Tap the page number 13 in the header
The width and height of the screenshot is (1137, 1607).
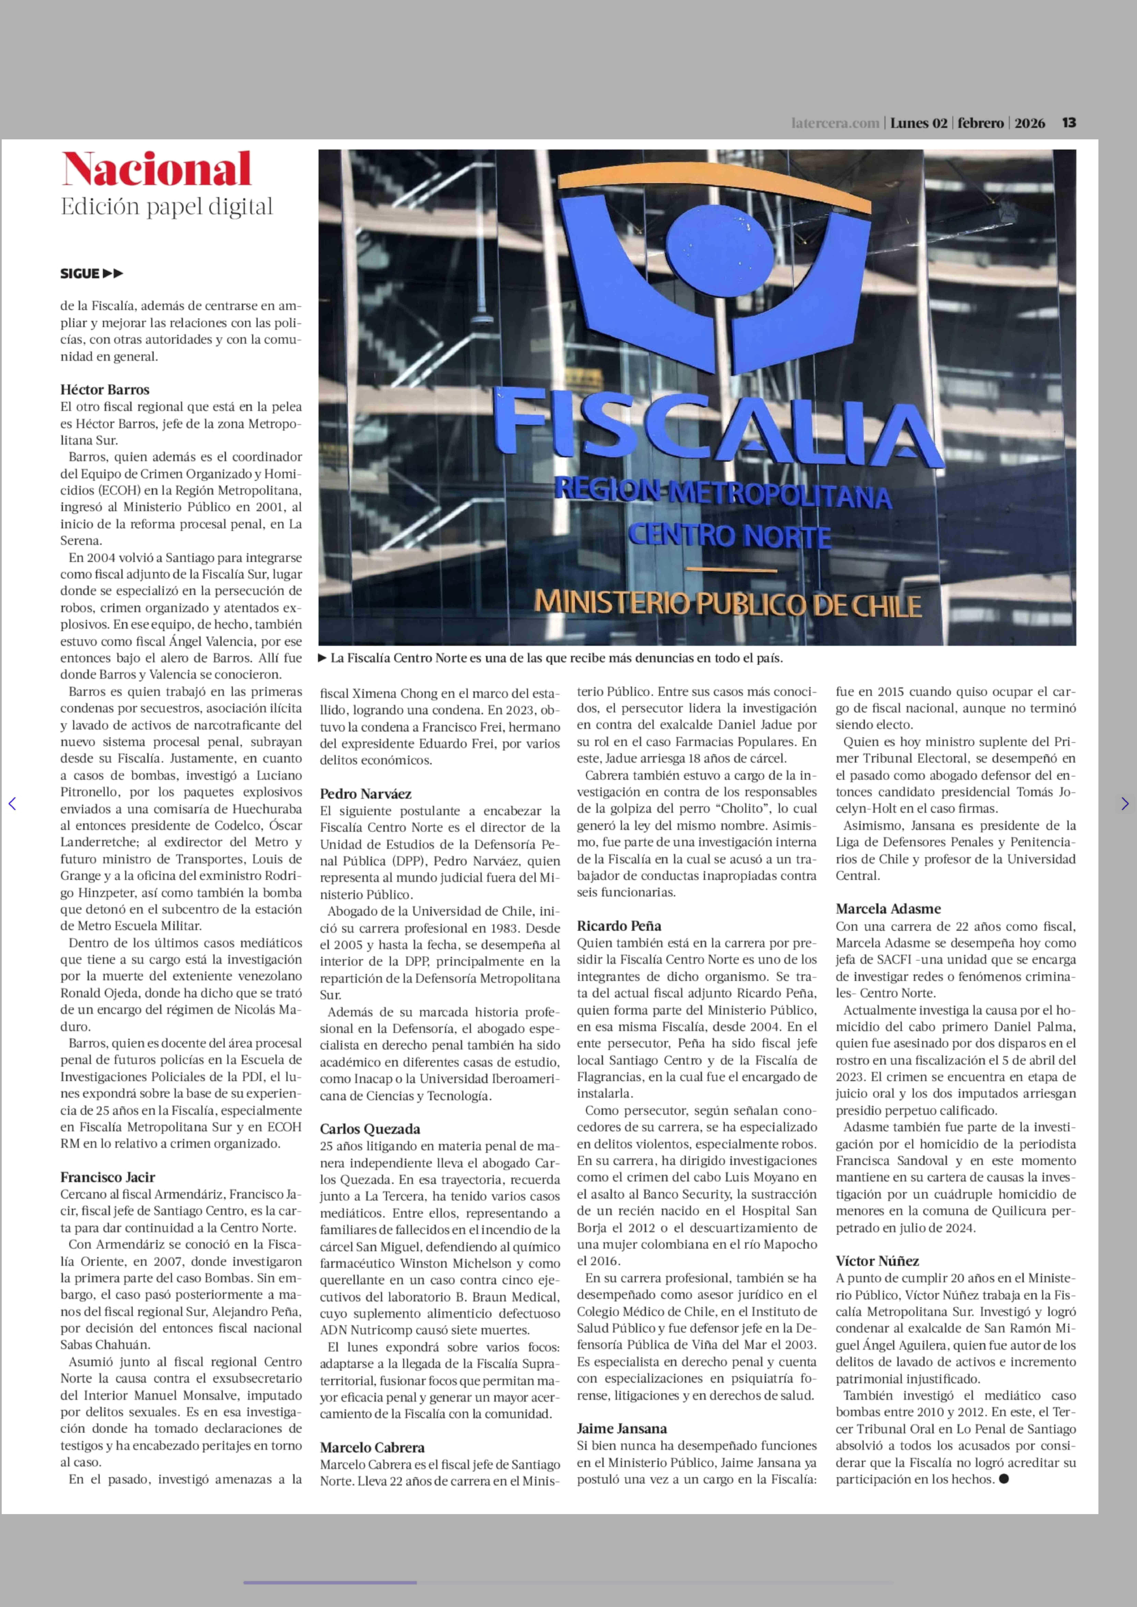coord(1068,123)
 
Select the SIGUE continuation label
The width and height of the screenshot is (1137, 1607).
coord(91,274)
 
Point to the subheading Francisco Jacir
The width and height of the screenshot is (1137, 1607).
coord(107,1177)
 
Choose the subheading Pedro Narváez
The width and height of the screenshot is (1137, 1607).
coord(365,794)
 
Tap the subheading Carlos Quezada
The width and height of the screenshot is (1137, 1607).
coord(370,1129)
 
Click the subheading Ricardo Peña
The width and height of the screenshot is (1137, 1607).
coord(619,926)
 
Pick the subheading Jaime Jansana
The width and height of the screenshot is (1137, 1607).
coord(622,1429)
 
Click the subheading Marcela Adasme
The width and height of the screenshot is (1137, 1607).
coord(888,909)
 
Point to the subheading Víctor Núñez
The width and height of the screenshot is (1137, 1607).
coord(877,1261)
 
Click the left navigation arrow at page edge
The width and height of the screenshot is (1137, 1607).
coord(12,804)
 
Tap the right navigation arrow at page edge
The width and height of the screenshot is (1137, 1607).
coord(1124,804)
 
